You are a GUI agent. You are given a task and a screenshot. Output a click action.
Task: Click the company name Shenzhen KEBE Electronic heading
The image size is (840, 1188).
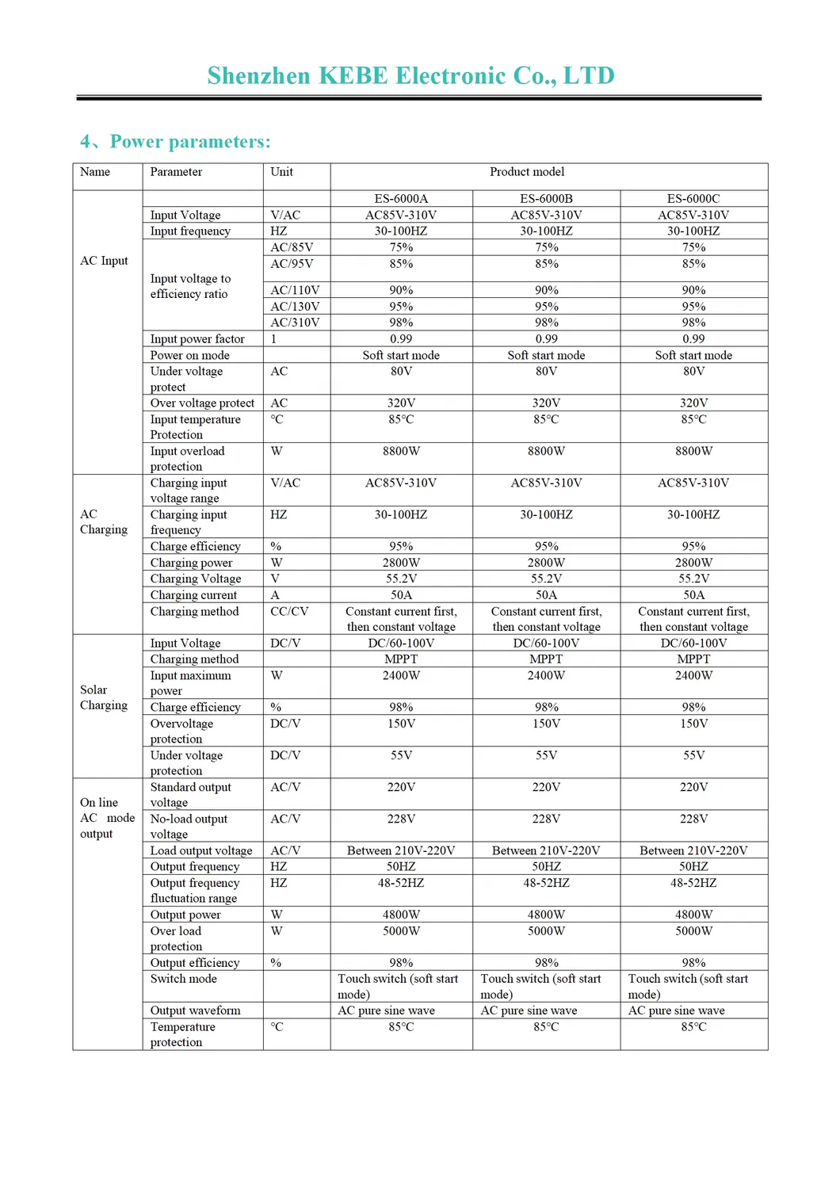[410, 76]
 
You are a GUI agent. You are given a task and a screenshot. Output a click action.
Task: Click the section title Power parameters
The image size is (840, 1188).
[189, 142]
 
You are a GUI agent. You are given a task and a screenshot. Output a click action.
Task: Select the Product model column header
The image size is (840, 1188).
[526, 172]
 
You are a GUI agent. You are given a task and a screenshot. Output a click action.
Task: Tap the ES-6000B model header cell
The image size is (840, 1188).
[546, 199]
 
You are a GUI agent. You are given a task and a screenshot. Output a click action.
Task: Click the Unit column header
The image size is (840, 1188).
[281, 172]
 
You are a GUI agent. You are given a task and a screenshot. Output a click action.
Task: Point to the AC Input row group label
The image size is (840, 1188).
[104, 261]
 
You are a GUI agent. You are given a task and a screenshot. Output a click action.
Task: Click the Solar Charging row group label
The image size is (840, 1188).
[104, 697]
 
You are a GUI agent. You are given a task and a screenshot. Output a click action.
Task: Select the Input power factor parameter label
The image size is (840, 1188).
[197, 339]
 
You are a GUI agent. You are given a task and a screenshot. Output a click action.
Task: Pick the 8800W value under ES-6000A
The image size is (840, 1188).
[401, 451]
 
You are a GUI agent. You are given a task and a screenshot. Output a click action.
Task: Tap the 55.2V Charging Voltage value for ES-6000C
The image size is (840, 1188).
[693, 579]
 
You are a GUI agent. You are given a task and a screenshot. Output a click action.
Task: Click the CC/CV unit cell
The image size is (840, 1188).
[289, 611]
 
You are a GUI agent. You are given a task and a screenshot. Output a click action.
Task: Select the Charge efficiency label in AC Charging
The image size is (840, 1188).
[195, 546]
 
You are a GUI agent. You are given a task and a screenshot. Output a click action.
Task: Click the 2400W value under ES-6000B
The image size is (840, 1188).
[546, 675]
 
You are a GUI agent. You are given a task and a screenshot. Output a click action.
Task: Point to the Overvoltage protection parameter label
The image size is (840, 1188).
[181, 731]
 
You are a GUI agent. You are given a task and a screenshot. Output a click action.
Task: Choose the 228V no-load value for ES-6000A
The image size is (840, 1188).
[401, 819]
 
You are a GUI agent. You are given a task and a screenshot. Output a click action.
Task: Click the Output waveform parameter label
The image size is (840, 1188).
[195, 1010]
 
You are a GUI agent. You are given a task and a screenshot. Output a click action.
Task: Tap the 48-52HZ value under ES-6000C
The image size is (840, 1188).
[693, 883]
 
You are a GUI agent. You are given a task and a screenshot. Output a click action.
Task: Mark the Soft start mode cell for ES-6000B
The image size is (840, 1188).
[546, 355]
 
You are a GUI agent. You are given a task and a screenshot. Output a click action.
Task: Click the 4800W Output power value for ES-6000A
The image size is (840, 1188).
[401, 915]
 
